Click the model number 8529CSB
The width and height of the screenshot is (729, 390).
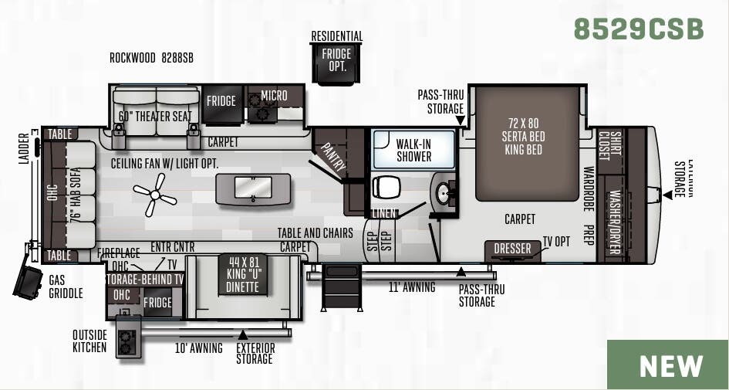[639, 29]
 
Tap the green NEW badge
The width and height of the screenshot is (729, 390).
[671, 365]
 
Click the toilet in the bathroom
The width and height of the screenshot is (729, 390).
[386, 188]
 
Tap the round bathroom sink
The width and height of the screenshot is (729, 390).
[444, 193]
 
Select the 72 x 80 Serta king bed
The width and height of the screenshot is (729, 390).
[526, 143]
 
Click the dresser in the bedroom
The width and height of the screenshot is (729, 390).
[513, 249]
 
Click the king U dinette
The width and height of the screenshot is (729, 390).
[242, 274]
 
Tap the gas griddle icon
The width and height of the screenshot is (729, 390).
[29, 282]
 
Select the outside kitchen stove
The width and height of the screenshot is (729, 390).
[128, 340]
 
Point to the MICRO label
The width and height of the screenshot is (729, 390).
[274, 97]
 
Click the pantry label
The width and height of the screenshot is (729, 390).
[333, 157]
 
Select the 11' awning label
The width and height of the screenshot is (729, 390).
[412, 287]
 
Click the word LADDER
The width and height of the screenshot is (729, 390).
[22, 152]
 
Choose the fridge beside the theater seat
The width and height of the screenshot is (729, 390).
[221, 101]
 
